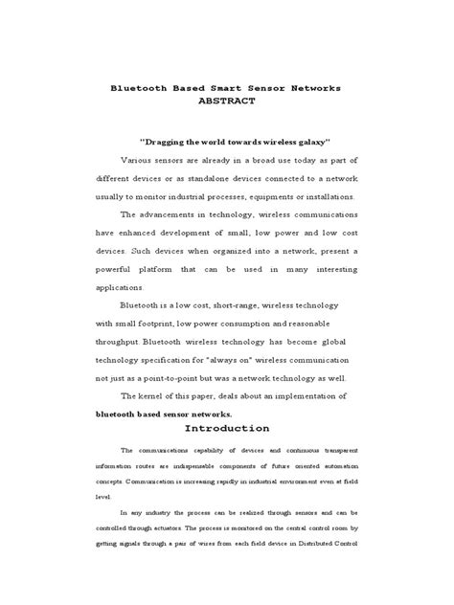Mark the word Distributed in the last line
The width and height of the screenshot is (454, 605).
(309, 544)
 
